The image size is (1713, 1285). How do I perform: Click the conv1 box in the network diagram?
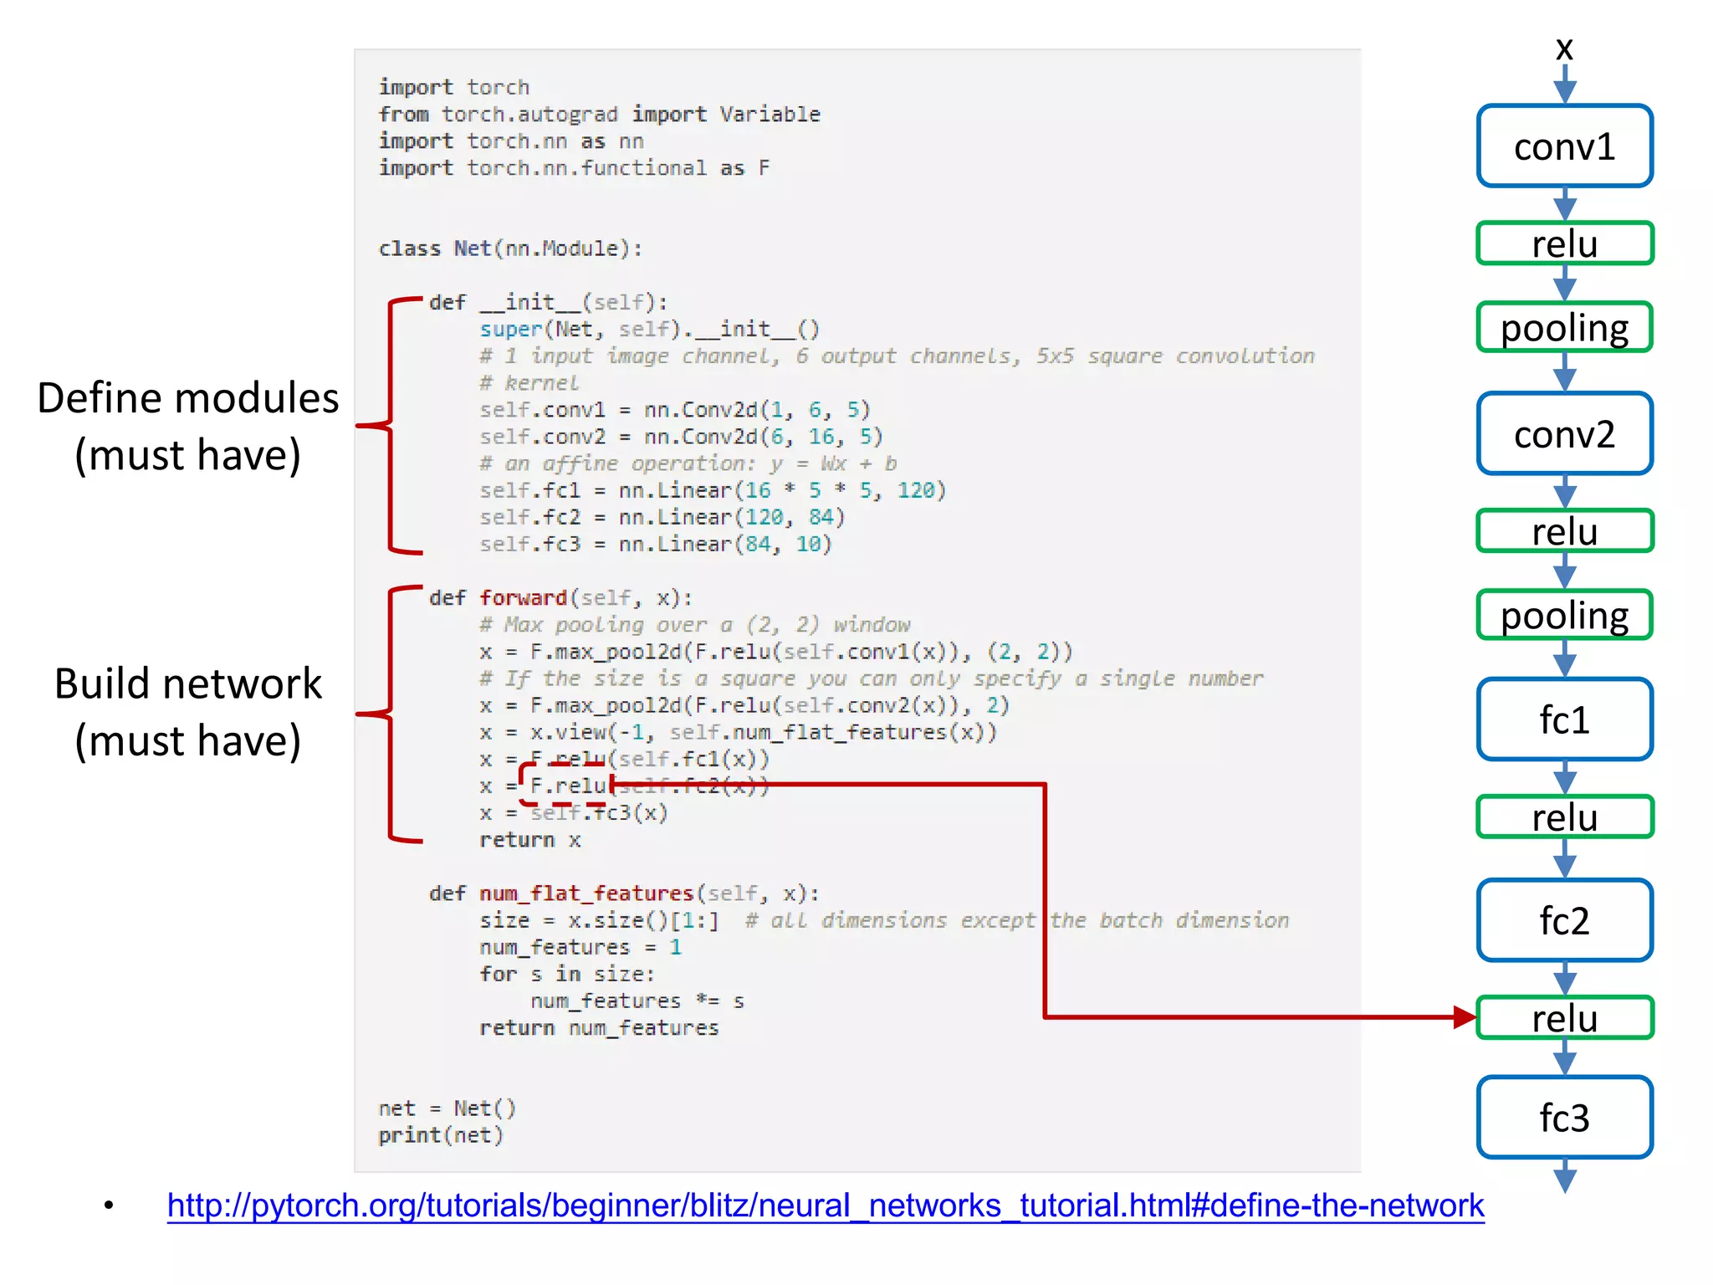[1564, 146]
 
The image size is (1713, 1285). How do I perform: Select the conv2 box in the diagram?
[1564, 434]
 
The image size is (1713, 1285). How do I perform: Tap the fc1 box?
[1564, 719]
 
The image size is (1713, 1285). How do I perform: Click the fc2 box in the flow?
[1564, 920]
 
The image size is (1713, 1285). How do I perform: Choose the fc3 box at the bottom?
[1564, 1118]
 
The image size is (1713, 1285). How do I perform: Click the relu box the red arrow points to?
[1564, 1018]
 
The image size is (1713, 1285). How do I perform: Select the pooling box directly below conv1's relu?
[1564, 327]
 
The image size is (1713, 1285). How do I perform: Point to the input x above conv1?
[1564, 49]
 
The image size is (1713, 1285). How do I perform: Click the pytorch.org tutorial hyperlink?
[825, 1206]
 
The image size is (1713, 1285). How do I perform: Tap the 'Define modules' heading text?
[188, 398]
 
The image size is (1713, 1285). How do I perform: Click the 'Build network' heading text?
[188, 683]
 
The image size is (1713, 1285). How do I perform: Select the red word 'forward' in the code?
[523, 598]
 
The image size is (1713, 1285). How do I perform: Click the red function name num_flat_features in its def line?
[586, 893]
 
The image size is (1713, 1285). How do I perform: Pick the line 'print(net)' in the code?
[441, 1135]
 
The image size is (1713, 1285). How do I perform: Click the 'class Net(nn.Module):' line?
[510, 248]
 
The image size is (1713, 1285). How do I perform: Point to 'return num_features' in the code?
[599, 1028]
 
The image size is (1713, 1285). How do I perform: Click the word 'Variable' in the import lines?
[770, 115]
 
